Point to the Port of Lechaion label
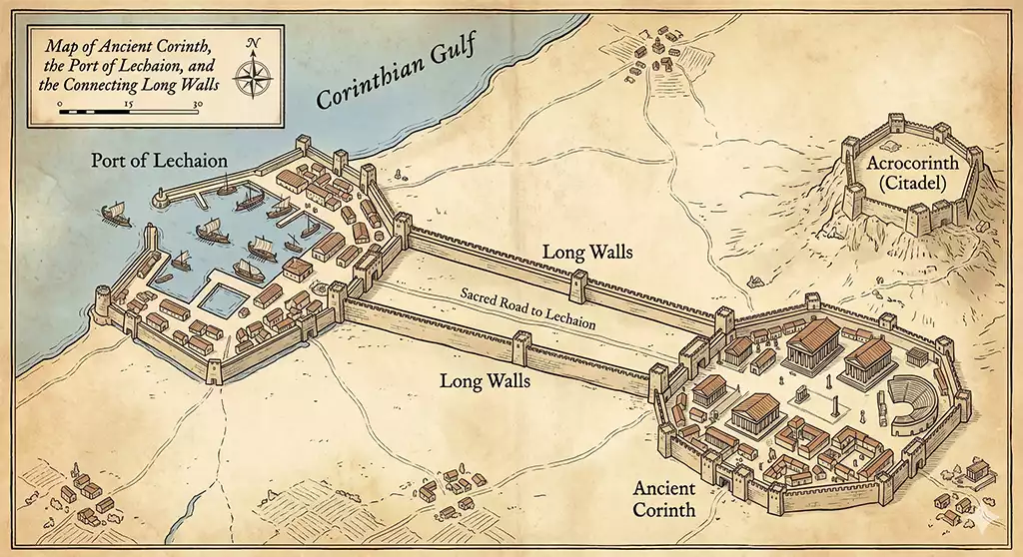(160, 161)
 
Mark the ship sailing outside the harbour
(112, 214)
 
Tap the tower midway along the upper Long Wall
(576, 285)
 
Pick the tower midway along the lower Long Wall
(519, 346)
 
